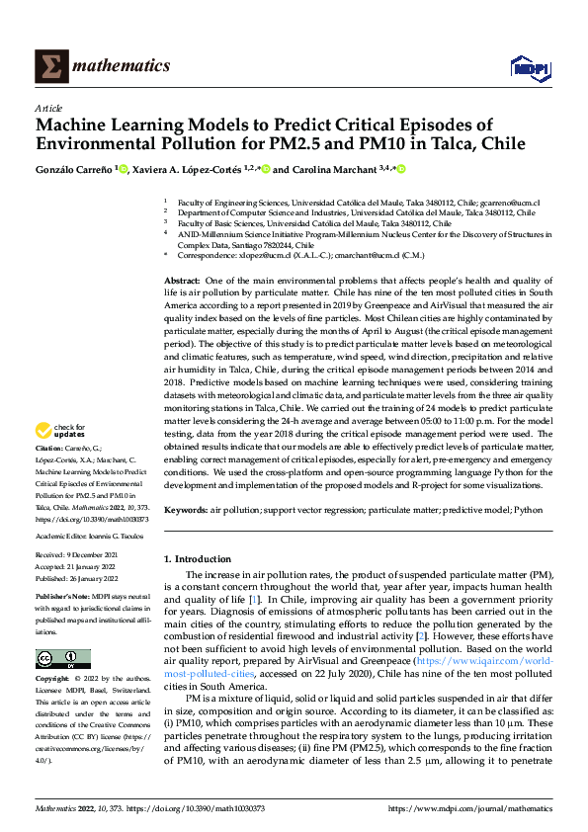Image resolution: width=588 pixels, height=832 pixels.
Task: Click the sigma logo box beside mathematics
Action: pyautogui.click(x=48, y=66)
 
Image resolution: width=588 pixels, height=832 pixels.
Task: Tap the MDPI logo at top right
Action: pyautogui.click(x=530, y=66)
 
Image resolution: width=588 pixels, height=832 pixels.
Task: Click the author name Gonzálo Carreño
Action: pyautogui.click(x=76, y=170)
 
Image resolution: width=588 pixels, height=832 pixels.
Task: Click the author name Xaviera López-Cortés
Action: pyautogui.click(x=196, y=170)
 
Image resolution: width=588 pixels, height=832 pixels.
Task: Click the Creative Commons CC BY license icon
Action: pyautogui.click(x=62, y=659)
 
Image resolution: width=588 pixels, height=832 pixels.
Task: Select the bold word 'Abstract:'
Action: pyautogui.click(x=183, y=282)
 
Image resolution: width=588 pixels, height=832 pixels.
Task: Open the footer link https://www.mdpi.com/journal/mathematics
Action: pyautogui.click(x=468, y=808)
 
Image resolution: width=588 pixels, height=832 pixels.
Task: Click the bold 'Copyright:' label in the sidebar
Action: pyautogui.click(x=53, y=680)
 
